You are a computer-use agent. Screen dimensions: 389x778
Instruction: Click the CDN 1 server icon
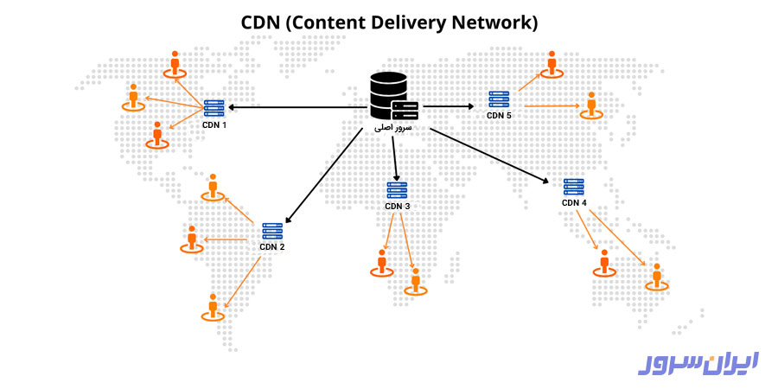pyautogui.click(x=214, y=108)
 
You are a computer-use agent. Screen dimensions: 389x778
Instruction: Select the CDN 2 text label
pyautogui.click(x=272, y=247)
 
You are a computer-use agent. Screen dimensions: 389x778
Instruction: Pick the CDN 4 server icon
pyautogui.click(x=573, y=187)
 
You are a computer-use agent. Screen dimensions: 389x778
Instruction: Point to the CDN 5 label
pyautogui.click(x=499, y=115)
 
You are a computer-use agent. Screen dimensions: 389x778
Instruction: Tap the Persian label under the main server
pyautogui.click(x=393, y=128)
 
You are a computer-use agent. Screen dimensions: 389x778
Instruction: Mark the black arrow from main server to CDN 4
pyautogui.click(x=489, y=156)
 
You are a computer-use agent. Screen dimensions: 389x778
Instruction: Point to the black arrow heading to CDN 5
pyautogui.click(x=448, y=107)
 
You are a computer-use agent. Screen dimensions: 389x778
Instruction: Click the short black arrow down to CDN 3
pyautogui.click(x=395, y=156)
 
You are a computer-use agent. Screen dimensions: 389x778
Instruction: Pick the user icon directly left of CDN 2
pyautogui.click(x=191, y=239)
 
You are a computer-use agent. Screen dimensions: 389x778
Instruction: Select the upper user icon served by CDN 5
pyautogui.click(x=551, y=63)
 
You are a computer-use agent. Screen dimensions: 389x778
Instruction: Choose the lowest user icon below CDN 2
pyautogui.click(x=213, y=307)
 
